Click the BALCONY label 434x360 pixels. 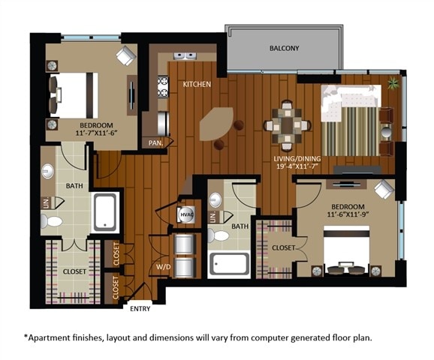284,49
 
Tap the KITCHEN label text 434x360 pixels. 197,85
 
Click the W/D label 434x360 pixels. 162,265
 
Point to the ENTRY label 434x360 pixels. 140,308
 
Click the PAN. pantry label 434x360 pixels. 156,142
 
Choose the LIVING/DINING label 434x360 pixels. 297,159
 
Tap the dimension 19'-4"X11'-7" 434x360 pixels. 297,169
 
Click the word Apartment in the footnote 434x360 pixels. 54,337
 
